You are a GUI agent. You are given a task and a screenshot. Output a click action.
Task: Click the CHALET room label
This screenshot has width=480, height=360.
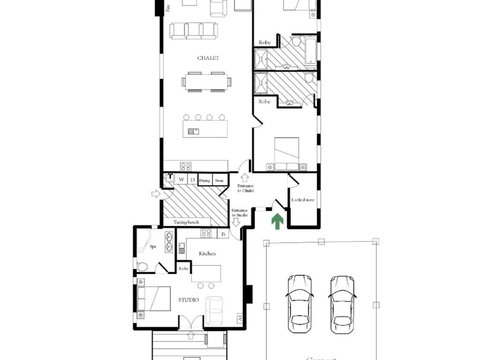(x=208, y=59)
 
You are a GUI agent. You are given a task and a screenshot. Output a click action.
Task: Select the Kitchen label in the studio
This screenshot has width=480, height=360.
(x=207, y=255)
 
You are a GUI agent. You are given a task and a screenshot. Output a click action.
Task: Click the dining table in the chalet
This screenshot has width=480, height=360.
(x=208, y=85)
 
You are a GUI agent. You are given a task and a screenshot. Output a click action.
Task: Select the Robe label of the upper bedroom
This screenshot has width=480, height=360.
(x=265, y=42)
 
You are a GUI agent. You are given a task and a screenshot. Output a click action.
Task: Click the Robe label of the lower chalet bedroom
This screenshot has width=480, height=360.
(x=265, y=102)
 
